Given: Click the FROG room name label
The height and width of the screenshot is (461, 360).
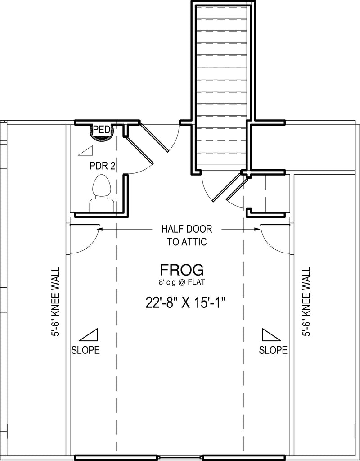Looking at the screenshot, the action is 182,269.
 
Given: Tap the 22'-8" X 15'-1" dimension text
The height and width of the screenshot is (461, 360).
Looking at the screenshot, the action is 187,303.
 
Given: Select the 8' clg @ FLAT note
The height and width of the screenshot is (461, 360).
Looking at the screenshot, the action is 182,283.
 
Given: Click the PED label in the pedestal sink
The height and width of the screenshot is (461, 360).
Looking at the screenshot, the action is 102,130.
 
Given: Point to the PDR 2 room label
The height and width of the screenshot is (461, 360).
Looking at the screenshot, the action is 102,166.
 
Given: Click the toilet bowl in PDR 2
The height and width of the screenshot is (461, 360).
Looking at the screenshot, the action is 102,186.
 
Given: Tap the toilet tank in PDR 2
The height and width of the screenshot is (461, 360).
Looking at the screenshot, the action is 101,205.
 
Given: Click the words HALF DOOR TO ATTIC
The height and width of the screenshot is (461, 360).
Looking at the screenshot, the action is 187,235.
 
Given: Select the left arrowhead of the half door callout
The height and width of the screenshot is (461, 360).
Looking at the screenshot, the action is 99,229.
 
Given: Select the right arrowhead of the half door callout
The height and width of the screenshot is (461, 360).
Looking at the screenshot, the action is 258,229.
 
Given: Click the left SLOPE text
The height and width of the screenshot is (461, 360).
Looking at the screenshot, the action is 85,350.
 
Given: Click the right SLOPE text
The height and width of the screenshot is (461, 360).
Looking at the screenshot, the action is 273,350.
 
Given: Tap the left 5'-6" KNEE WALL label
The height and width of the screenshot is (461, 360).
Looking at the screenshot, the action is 55,301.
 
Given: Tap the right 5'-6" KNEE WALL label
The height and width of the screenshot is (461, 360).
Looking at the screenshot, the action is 306,301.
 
